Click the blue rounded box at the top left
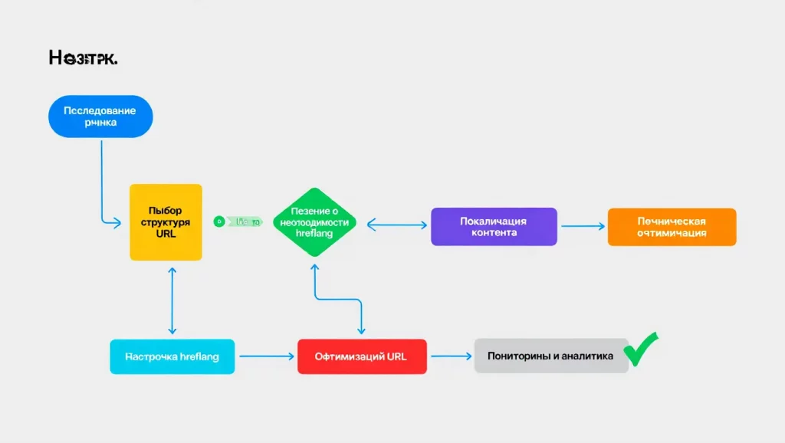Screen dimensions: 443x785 tap(100, 116)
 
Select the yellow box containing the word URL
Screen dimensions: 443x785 tap(166, 222)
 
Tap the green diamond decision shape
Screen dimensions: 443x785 tap(314, 222)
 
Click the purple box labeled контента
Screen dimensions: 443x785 tap(494, 226)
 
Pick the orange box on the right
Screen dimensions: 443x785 tap(672, 227)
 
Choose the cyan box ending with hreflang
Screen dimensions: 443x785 tap(172, 356)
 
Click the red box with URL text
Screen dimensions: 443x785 tap(362, 356)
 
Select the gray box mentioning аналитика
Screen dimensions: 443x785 tap(550, 356)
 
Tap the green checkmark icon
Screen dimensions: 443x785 tap(641, 349)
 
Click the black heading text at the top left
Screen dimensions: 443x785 tap(83, 57)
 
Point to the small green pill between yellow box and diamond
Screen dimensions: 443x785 tap(238, 221)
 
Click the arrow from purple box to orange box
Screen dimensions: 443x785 tap(583, 226)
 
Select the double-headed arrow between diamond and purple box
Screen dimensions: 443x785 tap(396, 225)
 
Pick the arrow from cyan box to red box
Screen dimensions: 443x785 tap(266, 356)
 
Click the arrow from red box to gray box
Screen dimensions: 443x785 tap(450, 356)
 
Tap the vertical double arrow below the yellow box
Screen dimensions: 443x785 tap(172, 300)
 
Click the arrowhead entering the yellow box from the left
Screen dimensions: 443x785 tap(117, 223)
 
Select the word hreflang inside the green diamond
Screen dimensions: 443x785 tap(314, 233)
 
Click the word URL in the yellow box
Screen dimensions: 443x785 tap(166, 234)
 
